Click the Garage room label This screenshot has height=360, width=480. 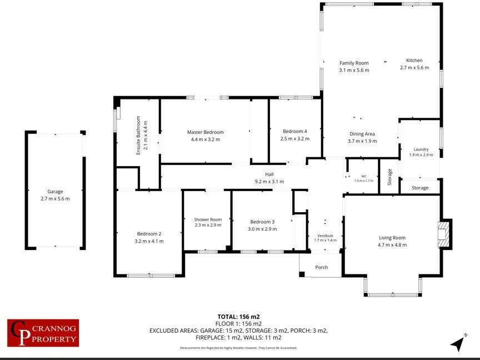point(55,192)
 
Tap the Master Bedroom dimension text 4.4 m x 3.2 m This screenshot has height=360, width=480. point(205,139)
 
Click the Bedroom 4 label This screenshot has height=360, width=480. point(294,132)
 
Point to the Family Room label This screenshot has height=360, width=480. point(354,63)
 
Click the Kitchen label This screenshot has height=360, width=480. point(414,61)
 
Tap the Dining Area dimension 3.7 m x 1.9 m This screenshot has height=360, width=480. point(362,141)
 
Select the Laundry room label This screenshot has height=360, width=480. point(421,149)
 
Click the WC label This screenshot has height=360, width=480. point(364,176)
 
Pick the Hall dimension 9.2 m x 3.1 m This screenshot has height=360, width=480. point(269,182)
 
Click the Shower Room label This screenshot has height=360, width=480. point(208,219)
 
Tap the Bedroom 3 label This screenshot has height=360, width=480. point(262,222)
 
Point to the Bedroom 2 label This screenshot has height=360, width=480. point(149,234)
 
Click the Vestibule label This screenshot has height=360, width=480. point(324,235)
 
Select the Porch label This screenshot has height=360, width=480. point(321,267)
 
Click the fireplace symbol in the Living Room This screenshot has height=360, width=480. point(444,234)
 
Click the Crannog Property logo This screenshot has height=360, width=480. point(43,333)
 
